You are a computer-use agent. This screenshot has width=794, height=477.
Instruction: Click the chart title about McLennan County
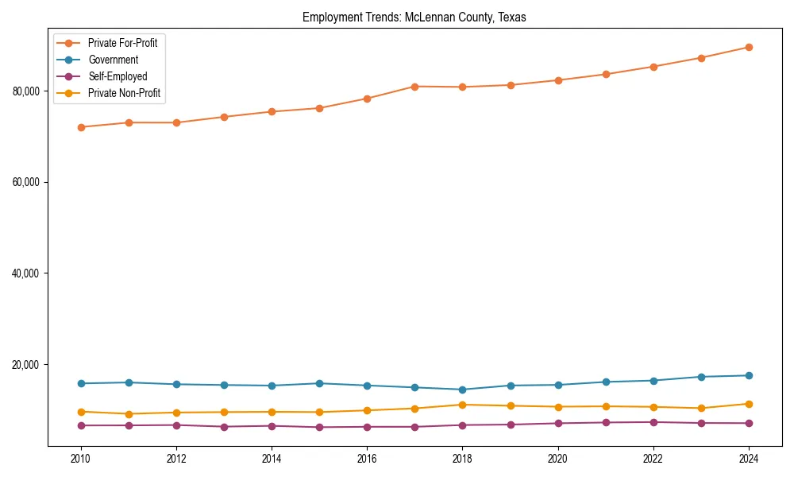pyautogui.click(x=414, y=17)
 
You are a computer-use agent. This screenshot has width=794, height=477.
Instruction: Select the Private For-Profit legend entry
pyautogui.click(x=122, y=43)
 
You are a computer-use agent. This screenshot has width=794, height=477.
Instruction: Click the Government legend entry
pyautogui.click(x=113, y=60)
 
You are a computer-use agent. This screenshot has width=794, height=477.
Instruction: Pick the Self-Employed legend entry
pyautogui.click(x=118, y=77)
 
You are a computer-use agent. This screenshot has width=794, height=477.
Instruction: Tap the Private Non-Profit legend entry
pyautogui.click(x=124, y=94)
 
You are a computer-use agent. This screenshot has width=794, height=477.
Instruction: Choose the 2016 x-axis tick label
pyautogui.click(x=367, y=459)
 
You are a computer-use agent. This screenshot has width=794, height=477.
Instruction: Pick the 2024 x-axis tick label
pyautogui.click(x=749, y=459)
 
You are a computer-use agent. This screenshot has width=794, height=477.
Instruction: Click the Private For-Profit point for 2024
pyautogui.click(x=749, y=47)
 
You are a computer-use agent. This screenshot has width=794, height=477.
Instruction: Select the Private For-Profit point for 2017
pyautogui.click(x=414, y=86)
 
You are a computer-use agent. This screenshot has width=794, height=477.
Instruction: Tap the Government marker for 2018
pyautogui.click(x=462, y=390)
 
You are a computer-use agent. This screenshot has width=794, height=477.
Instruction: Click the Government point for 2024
pyautogui.click(x=749, y=375)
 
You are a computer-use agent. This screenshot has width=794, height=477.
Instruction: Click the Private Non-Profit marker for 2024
pyautogui.click(x=749, y=404)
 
